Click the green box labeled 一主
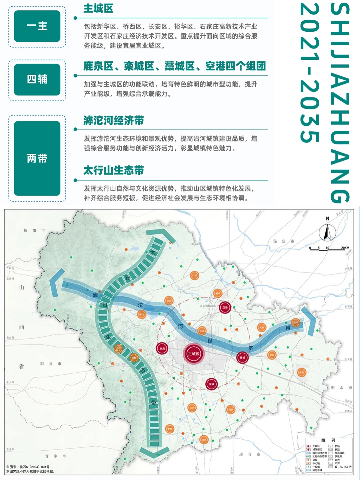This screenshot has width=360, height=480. (37, 26)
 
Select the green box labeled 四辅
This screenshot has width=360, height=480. (37, 79)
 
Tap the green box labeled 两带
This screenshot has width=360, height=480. (37, 158)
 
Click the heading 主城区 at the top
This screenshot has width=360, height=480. (98, 8)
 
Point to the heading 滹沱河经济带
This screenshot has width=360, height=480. (113, 120)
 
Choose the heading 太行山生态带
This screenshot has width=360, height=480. (113, 170)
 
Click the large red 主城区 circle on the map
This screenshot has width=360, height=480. (194, 354)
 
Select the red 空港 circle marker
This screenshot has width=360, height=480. (225, 307)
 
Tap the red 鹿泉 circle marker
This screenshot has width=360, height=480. (162, 348)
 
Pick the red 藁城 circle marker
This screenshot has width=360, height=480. (242, 357)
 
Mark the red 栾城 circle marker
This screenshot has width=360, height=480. (211, 384)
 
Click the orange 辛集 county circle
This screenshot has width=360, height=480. (302, 372)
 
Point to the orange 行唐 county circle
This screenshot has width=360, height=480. (195, 275)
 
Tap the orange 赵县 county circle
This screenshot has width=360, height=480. (231, 409)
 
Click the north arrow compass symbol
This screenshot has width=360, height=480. (327, 232)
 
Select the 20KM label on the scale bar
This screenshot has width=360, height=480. (345, 248)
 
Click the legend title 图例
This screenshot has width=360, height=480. (328, 440)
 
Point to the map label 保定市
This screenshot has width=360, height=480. (284, 241)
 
